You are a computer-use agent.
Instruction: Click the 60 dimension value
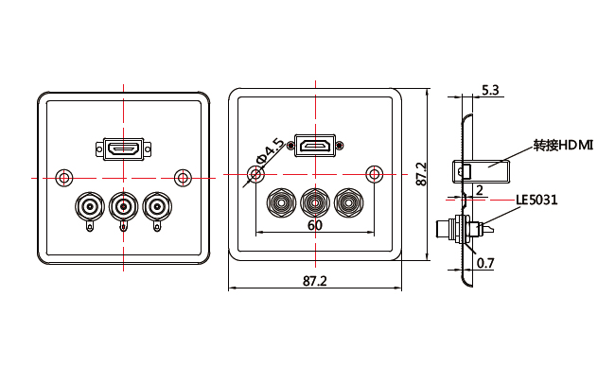coord(315,225)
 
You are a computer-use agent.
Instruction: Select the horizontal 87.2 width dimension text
coord(314,281)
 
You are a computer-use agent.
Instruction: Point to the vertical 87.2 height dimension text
coord(421,174)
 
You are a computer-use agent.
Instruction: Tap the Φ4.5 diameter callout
coord(270,150)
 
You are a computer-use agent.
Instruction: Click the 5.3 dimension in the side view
coord(490,90)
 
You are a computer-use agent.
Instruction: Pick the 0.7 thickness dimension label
coord(485,263)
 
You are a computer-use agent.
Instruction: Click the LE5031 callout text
coord(536,200)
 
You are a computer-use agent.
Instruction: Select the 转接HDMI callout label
coord(563,146)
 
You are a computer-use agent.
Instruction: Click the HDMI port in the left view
coord(124,149)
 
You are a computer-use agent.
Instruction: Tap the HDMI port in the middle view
coord(315,146)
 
